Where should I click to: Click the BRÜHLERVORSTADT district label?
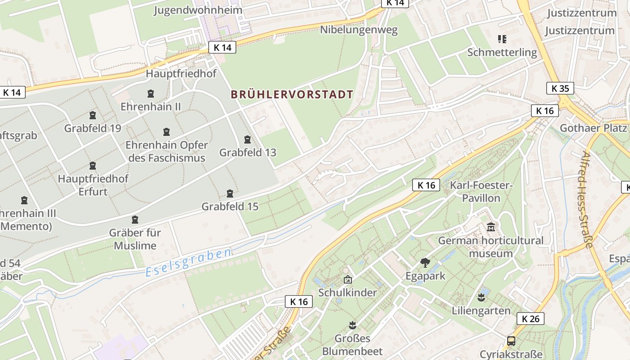click(292, 94)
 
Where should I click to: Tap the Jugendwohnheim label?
click(198, 10)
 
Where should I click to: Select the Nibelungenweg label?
click(359, 30)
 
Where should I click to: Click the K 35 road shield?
click(560, 88)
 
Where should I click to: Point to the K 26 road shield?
click(531, 319)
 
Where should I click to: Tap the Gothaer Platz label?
click(593, 128)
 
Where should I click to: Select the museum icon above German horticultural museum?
click(491, 227)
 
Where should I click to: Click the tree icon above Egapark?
click(425, 263)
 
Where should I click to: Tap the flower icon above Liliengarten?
click(481, 297)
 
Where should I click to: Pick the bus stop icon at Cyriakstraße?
click(511, 341)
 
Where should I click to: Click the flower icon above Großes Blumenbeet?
click(352, 325)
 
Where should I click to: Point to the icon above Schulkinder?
click(347, 280)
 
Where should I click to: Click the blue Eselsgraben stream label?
click(189, 262)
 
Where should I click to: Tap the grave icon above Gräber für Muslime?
click(135, 220)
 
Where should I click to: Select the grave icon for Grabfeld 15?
click(230, 193)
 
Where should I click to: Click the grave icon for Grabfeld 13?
click(247, 139)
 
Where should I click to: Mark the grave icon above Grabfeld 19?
click(93, 115)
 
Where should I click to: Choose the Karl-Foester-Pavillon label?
click(481, 192)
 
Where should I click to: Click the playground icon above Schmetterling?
click(502, 39)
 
